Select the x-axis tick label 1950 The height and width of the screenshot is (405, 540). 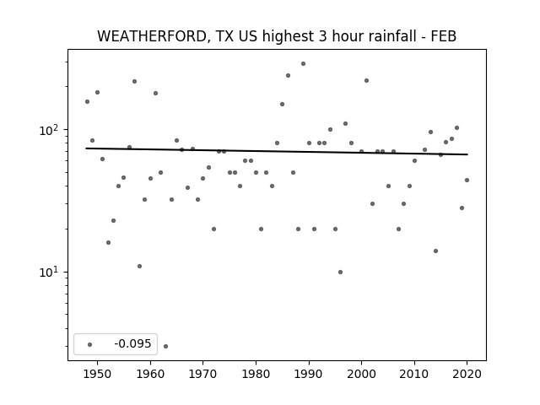tap(98, 374)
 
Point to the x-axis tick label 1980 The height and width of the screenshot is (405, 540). tap(256, 374)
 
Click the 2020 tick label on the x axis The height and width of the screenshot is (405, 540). tap(467, 374)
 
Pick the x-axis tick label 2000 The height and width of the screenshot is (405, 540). tap(361, 374)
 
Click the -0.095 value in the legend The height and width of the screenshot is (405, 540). tap(132, 343)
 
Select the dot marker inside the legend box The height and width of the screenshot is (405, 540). tap(90, 344)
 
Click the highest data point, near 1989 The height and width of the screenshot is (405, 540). tap(303, 64)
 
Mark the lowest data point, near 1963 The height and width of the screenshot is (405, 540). tap(165, 346)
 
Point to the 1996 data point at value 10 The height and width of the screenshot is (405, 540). tap(340, 272)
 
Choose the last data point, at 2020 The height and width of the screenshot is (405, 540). tap(467, 180)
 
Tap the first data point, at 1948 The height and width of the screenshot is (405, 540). tap(87, 101)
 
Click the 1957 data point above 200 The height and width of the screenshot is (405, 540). tap(134, 81)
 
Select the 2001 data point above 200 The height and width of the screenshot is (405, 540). tap(366, 81)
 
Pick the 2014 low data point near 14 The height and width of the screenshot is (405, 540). tap(435, 251)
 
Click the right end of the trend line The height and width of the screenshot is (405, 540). tap(467, 154)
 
